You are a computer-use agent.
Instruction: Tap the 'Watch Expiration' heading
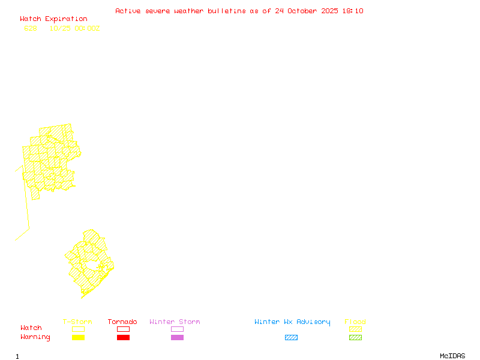click(53, 19)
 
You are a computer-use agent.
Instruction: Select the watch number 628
click(31, 28)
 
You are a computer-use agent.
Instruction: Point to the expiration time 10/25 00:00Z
click(75, 28)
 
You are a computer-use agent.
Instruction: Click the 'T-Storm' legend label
click(77, 322)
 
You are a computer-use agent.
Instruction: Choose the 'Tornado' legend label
click(122, 322)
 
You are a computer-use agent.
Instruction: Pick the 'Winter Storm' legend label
click(175, 322)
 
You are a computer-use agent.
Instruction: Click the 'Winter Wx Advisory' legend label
click(292, 322)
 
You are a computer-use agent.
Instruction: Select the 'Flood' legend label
click(355, 322)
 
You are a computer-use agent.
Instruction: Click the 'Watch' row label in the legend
click(31, 328)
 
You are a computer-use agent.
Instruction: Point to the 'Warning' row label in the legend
click(35, 337)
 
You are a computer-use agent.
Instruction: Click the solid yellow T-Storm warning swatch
click(78, 338)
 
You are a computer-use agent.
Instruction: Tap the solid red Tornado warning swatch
click(123, 338)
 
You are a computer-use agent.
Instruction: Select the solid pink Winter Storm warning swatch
click(177, 338)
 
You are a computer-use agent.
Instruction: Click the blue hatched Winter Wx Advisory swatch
click(291, 338)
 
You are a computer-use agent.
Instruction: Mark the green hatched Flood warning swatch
click(355, 338)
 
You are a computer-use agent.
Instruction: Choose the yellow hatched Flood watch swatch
click(355, 329)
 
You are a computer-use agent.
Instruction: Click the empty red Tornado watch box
click(123, 329)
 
